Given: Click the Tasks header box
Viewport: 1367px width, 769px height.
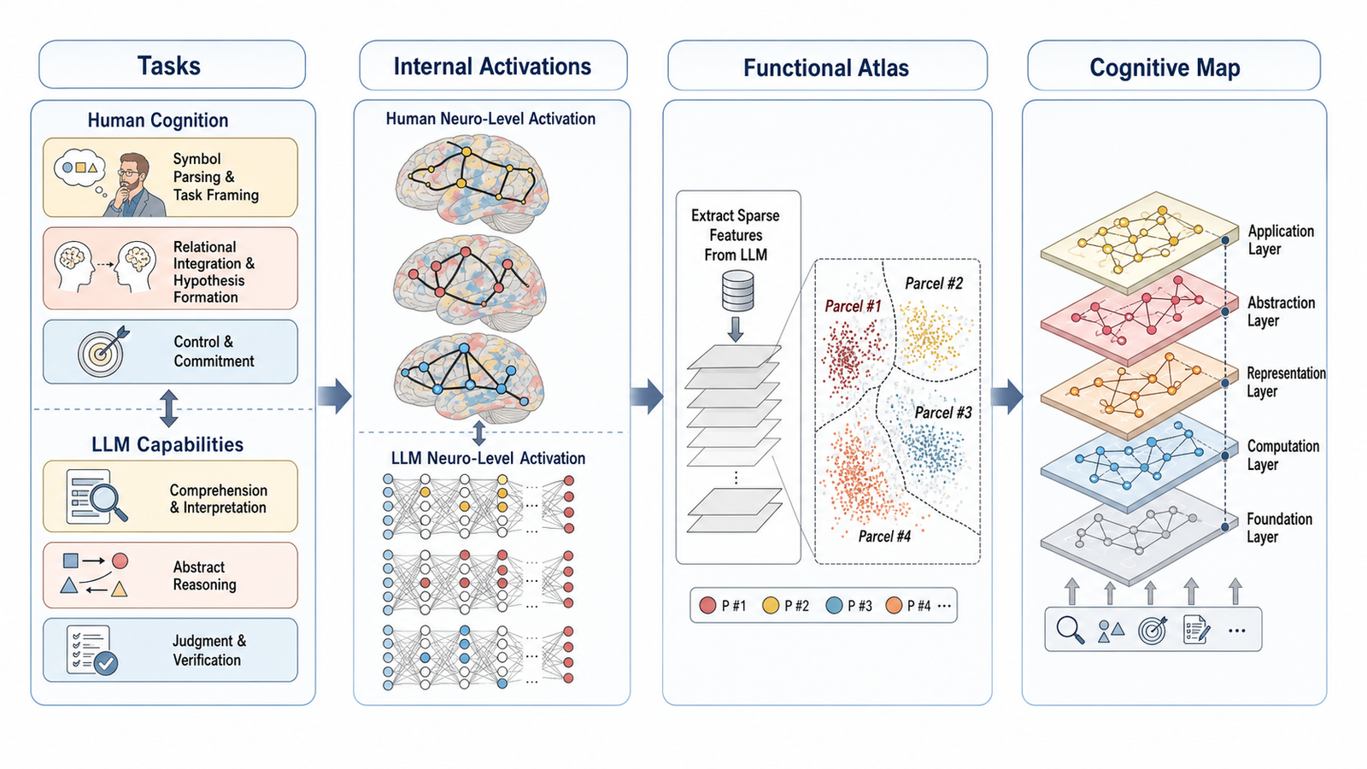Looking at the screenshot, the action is pyautogui.click(x=172, y=65).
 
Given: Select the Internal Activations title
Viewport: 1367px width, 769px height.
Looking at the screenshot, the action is pyautogui.click(x=492, y=66).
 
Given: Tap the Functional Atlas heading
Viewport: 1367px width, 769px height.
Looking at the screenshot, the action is pyautogui.click(x=825, y=68).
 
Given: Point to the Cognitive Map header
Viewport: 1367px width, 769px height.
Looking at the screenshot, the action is pyautogui.click(x=1165, y=68).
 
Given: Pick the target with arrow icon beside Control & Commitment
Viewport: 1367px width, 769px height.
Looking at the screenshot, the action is pyautogui.click(x=103, y=351).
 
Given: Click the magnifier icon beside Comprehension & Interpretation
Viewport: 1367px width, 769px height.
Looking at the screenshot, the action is pyautogui.click(x=95, y=496).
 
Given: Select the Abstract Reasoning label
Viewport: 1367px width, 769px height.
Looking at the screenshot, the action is pyautogui.click(x=204, y=576).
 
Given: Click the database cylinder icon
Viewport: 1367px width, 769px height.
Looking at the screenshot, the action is pyautogui.click(x=737, y=291).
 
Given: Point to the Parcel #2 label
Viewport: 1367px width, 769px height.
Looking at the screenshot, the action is pyautogui.click(x=934, y=283).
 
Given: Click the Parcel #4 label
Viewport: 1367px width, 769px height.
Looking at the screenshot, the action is pyautogui.click(x=884, y=536).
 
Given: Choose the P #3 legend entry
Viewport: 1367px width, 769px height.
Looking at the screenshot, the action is pyautogui.click(x=849, y=606).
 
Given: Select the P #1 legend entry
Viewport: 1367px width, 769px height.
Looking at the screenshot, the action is pyautogui.click(x=723, y=606).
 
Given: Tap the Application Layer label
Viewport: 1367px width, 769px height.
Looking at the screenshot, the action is pyautogui.click(x=1281, y=240).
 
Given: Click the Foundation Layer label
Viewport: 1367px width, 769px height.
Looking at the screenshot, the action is pyautogui.click(x=1279, y=528).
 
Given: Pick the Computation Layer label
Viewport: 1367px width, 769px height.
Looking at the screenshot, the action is pyautogui.click(x=1282, y=455).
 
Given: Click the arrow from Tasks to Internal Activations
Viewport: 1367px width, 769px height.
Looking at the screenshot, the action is pyautogui.click(x=335, y=396).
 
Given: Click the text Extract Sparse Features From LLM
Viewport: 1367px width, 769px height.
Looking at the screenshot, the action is pyautogui.click(x=736, y=235).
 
